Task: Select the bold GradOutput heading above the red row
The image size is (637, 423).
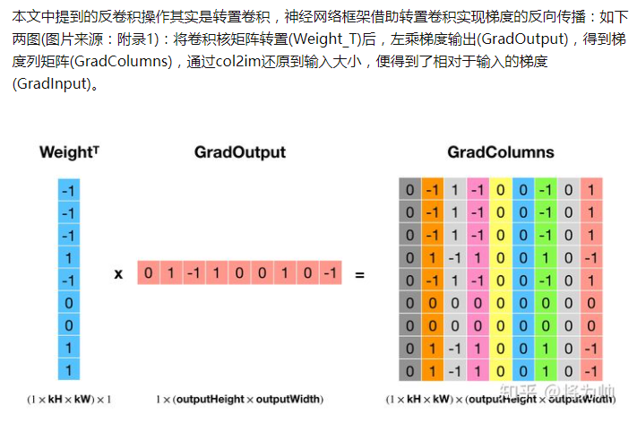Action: (x=240, y=152)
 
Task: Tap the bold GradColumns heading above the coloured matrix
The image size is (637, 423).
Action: (x=500, y=152)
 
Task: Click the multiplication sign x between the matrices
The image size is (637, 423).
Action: (x=118, y=273)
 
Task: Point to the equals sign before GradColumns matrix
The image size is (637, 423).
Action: (x=359, y=273)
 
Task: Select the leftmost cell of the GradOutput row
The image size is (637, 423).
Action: (x=149, y=272)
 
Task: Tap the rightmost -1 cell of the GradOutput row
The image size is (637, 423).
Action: (x=331, y=272)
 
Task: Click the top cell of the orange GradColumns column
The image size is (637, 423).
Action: (x=433, y=190)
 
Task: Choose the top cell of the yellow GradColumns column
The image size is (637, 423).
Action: (x=500, y=190)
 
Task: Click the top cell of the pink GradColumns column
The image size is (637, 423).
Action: (x=478, y=190)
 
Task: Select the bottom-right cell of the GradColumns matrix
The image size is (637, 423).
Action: (x=590, y=370)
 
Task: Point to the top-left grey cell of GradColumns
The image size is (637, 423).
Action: (x=410, y=190)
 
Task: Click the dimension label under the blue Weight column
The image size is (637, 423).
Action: (x=69, y=398)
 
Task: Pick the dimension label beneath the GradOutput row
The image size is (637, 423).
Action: (x=240, y=398)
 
